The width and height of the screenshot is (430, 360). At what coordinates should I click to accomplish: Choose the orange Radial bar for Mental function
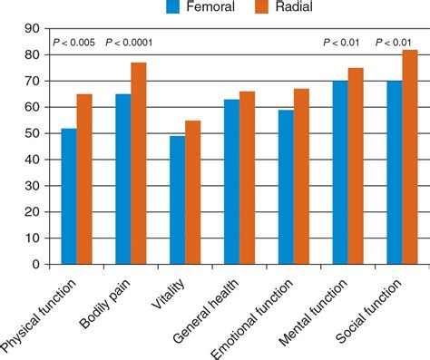point(356,167)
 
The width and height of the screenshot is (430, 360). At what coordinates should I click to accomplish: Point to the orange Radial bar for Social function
point(410,158)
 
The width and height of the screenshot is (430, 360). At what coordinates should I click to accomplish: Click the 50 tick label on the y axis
point(32,134)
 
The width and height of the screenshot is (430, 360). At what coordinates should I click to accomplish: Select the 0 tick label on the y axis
point(35,265)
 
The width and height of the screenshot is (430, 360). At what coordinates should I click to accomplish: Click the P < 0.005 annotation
point(74,43)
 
